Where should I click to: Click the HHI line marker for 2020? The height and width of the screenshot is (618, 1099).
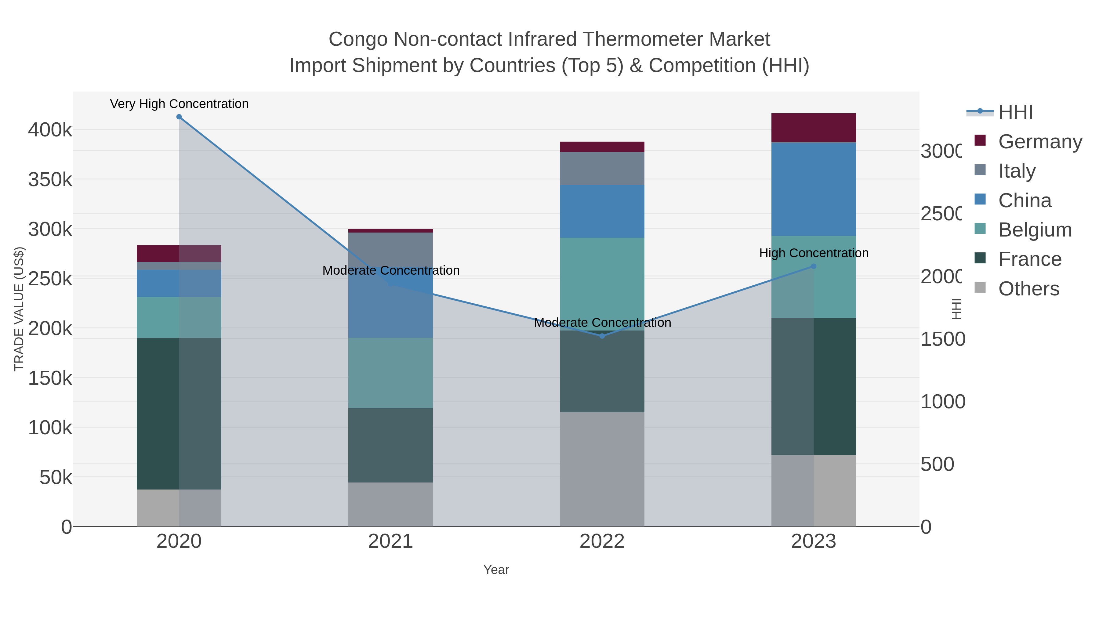click(x=179, y=117)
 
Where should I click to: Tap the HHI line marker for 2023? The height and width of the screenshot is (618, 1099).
click(x=813, y=266)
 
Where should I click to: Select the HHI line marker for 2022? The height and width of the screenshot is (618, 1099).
click(x=602, y=336)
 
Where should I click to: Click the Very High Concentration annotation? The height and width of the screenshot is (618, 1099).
click(x=179, y=104)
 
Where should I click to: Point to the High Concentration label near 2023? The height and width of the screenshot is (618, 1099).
click(x=814, y=253)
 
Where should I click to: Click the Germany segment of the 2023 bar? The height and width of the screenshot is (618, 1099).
click(x=813, y=128)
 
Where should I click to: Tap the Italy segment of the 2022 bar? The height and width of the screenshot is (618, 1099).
click(x=602, y=168)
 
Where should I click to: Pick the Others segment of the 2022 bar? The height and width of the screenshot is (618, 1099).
click(x=602, y=469)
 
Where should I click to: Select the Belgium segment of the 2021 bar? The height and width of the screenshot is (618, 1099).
click(x=390, y=373)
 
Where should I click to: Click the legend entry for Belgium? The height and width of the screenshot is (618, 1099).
click(x=1035, y=230)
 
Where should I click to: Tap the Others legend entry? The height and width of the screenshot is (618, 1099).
click(x=1028, y=289)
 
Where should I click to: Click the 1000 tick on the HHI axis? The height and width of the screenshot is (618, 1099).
click(x=942, y=402)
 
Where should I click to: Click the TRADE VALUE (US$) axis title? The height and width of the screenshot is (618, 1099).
click(x=19, y=309)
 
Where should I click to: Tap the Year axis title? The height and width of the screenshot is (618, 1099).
click(x=496, y=570)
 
